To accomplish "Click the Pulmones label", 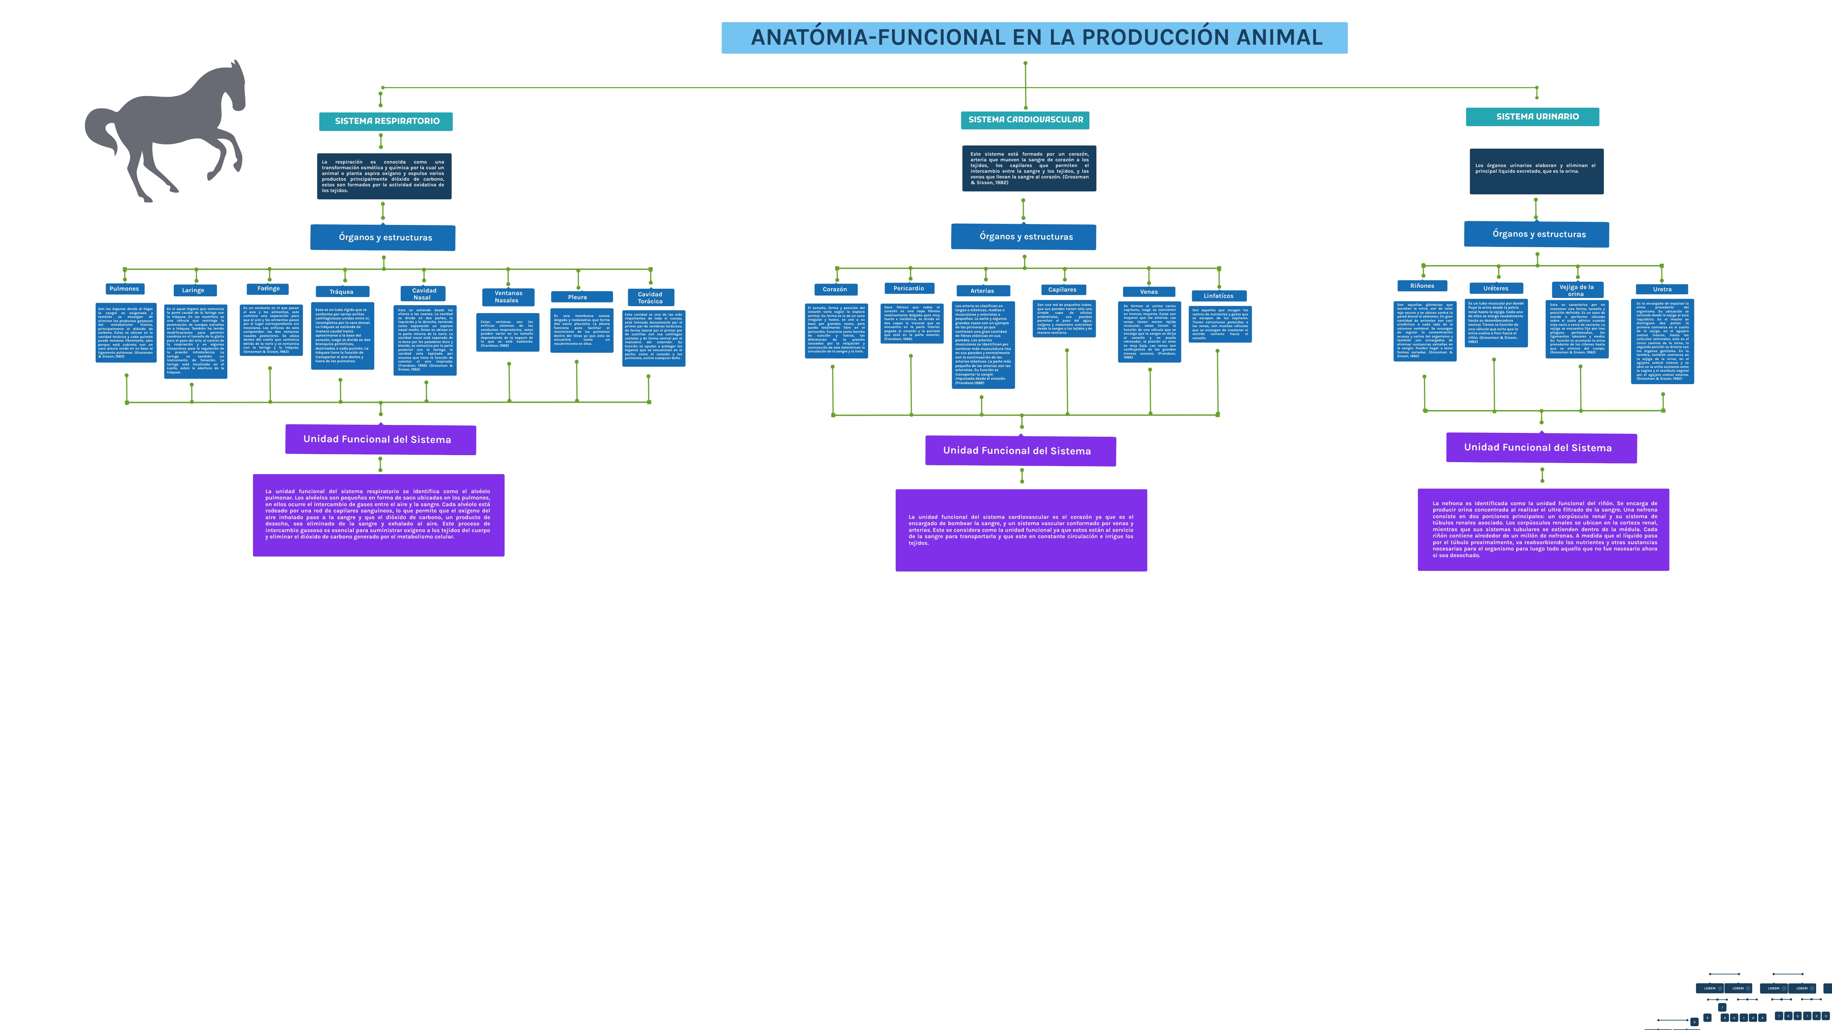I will pyautogui.click(x=125, y=289).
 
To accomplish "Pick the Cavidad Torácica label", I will pyautogui.click(x=650, y=297).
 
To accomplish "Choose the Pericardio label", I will pyautogui.click(x=909, y=288).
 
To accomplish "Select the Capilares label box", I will pyautogui.click(x=1062, y=289).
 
